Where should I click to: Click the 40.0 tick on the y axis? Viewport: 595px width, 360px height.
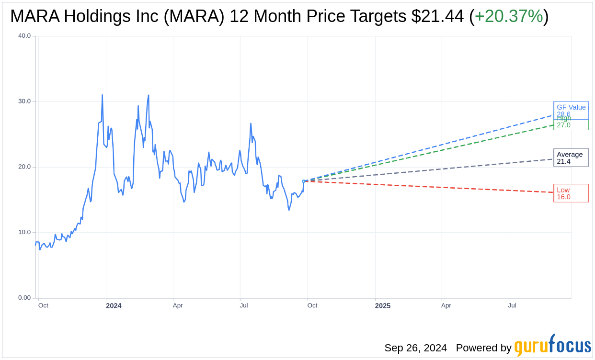pyautogui.click(x=24, y=36)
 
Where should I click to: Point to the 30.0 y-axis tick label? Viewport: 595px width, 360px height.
pyautogui.click(x=24, y=101)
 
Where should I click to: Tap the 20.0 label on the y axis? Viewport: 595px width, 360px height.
pyautogui.click(x=24, y=167)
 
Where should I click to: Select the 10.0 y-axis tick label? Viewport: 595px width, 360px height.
pyautogui.click(x=24, y=232)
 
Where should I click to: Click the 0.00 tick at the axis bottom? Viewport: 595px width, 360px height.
pyautogui.click(x=24, y=298)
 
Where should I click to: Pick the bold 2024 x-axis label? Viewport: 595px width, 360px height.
pyautogui.click(x=114, y=306)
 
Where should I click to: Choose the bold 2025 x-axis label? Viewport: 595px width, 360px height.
pyautogui.click(x=383, y=306)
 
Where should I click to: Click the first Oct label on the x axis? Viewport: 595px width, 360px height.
pyautogui.click(x=43, y=305)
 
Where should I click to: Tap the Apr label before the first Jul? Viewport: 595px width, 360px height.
pyautogui.click(x=178, y=305)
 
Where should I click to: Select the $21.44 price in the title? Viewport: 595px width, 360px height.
pyautogui.click(x=437, y=16)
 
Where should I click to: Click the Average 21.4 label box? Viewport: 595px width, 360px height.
pyautogui.click(x=571, y=157)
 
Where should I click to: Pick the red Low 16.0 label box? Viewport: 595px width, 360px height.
pyautogui.click(x=571, y=193)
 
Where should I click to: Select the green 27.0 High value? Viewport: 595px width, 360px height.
pyautogui.click(x=563, y=125)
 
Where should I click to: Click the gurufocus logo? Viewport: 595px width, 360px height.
pyautogui.click(x=552, y=346)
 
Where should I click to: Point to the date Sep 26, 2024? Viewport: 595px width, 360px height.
pyautogui.click(x=415, y=348)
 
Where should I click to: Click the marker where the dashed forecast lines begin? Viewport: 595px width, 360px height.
pyautogui.click(x=304, y=181)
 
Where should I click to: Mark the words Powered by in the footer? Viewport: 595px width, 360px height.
pyautogui.click(x=483, y=348)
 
